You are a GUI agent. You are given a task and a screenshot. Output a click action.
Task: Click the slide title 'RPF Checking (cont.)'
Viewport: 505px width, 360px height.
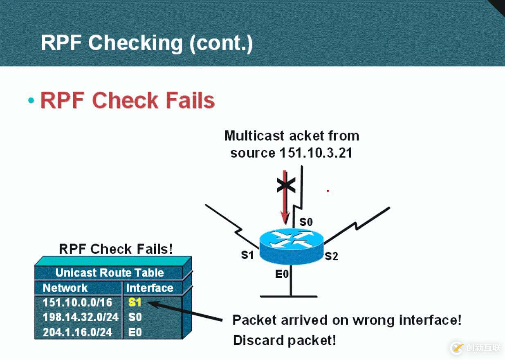[x=147, y=43]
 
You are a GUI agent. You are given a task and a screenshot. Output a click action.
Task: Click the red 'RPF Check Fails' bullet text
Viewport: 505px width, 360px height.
[x=127, y=100]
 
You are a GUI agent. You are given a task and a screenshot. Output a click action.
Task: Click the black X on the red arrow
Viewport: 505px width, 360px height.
[x=286, y=185]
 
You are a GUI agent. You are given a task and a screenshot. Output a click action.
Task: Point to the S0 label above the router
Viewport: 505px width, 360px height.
[x=306, y=222]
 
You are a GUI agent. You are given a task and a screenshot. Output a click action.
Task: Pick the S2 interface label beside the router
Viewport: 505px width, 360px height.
[x=331, y=256]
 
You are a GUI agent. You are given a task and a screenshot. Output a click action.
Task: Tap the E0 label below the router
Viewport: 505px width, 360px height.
[x=282, y=274]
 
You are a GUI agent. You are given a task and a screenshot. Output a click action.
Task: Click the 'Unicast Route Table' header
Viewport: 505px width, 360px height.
[x=109, y=273]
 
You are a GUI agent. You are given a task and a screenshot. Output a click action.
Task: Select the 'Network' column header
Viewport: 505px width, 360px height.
[x=65, y=288]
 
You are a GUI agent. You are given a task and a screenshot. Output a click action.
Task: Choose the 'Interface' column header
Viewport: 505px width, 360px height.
[x=149, y=288]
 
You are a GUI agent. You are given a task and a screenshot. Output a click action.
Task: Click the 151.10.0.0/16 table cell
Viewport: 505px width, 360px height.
[x=77, y=303]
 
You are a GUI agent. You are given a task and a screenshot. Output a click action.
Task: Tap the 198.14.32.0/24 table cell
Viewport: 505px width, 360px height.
[x=81, y=317]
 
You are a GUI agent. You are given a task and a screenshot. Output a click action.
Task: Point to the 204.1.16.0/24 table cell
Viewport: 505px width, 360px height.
[x=77, y=332]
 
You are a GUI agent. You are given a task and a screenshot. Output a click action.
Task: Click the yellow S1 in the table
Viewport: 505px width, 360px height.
[x=135, y=303]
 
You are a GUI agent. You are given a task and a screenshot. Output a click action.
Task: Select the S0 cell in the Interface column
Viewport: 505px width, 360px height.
[x=135, y=317]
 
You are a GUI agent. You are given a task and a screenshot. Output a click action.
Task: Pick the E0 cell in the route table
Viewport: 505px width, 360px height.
[x=135, y=332]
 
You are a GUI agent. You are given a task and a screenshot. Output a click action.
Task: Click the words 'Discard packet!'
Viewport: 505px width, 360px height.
[x=284, y=340]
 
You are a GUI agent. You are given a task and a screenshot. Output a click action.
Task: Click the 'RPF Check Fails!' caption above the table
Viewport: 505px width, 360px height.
[x=116, y=249]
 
